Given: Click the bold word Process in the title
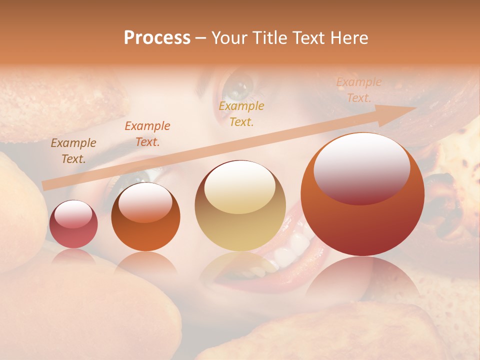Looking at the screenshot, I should coord(157,38).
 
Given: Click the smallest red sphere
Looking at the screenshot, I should coord(73,235).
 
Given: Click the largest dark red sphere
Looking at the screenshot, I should coord(362,225).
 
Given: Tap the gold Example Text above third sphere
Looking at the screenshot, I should coord(241,113).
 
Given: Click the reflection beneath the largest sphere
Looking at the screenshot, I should coord(362,280).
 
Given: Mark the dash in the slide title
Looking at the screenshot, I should coord(201,38).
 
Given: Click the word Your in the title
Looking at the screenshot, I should coord(230,38).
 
